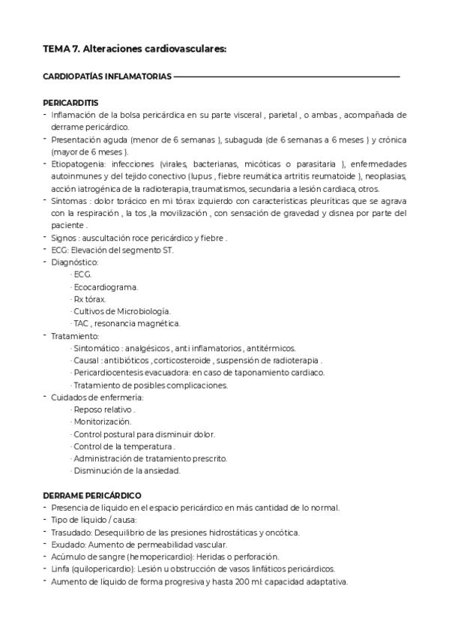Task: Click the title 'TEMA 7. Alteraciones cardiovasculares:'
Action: click(x=134, y=49)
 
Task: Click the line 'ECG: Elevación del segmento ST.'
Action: click(x=112, y=250)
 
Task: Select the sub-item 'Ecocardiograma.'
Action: click(x=105, y=286)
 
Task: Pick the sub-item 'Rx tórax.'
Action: click(x=89, y=298)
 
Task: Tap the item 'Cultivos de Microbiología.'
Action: click(x=121, y=310)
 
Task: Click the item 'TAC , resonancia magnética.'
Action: click(x=126, y=323)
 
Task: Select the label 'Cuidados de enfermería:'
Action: click(x=97, y=397)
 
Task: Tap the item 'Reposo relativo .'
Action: click(x=103, y=409)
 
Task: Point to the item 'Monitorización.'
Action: click(x=102, y=421)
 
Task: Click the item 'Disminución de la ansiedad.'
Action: click(x=127, y=470)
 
